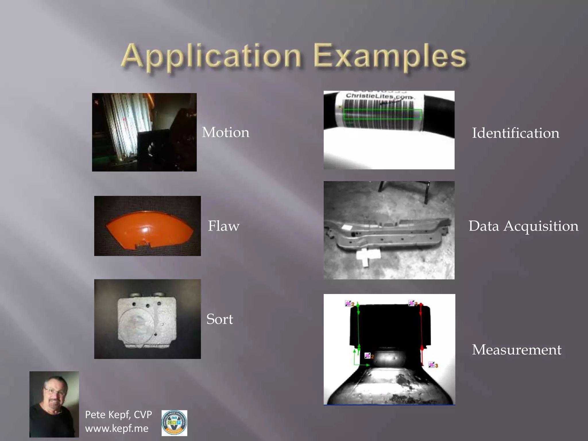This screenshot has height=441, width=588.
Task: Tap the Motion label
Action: [226, 132]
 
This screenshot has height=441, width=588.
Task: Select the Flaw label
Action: [223, 226]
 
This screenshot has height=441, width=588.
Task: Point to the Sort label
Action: [220, 319]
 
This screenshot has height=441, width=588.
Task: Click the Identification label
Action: [516, 133]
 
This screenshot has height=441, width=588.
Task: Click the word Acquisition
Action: [541, 226]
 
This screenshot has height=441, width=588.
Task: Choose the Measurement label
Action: [517, 349]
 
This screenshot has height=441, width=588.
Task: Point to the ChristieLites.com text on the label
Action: [379, 96]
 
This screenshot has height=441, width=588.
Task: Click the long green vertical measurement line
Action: [358, 327]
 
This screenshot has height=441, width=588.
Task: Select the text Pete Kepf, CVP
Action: [118, 415]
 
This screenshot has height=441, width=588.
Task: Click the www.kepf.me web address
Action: [117, 428]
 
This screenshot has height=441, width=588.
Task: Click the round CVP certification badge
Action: [174, 423]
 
